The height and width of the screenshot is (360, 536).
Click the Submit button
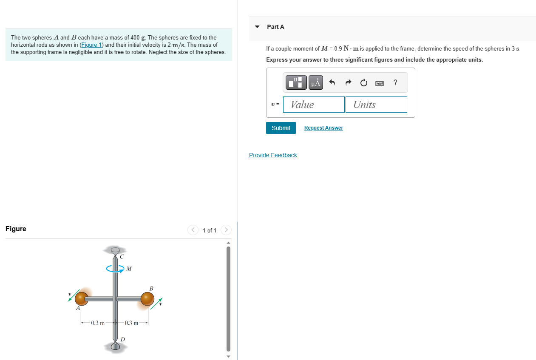click(x=281, y=128)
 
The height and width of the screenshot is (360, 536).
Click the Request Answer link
click(x=323, y=128)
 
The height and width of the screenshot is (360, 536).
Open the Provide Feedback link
click(x=273, y=155)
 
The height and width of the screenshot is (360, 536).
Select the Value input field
click(x=314, y=105)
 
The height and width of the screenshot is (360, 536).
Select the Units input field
click(x=376, y=105)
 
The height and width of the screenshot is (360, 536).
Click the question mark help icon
click(x=395, y=83)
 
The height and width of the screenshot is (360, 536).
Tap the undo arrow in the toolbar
click(x=332, y=83)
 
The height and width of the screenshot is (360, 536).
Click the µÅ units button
click(x=315, y=83)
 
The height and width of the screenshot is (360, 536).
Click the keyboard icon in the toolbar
click(x=380, y=83)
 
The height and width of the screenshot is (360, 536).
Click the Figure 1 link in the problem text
click(x=91, y=45)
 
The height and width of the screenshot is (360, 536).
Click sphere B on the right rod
click(x=147, y=298)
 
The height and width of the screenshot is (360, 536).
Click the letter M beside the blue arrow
click(x=129, y=269)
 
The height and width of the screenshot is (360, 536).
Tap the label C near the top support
click(x=122, y=257)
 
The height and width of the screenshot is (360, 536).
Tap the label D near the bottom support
click(x=122, y=339)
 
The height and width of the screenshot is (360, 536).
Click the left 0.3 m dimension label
click(x=98, y=323)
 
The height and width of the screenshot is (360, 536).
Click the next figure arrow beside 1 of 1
click(x=227, y=230)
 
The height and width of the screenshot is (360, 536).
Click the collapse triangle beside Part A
click(x=257, y=27)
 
